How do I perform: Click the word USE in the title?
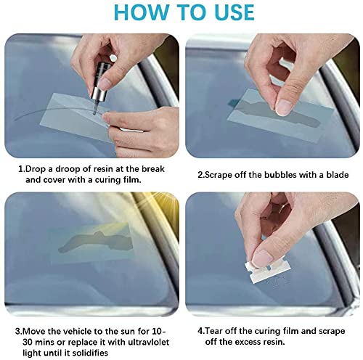234,12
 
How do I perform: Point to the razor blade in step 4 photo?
264,271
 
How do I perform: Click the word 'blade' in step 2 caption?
338,175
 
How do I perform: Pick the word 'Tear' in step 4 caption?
214,331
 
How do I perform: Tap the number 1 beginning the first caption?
20,168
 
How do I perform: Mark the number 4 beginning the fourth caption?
200,331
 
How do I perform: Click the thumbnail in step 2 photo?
284,107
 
